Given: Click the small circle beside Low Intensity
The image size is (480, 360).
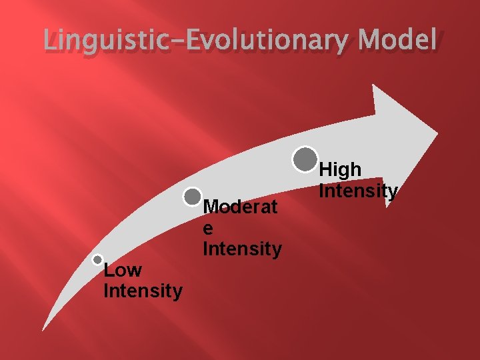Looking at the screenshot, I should [98, 259].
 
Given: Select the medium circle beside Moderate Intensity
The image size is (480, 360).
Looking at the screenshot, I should [192, 197].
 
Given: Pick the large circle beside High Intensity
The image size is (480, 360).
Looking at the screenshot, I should [305, 159].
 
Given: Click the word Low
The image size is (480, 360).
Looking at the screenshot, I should [123, 271].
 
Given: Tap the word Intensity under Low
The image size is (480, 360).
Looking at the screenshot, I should [143, 291].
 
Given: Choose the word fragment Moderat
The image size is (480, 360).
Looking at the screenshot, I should [240, 207].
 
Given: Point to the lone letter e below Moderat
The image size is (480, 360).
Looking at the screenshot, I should [208, 229].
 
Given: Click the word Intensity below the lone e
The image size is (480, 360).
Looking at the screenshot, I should [242, 249].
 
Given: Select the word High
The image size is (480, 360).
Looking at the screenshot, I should [341, 171].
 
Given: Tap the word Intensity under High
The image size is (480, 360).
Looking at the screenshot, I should [359, 191].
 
